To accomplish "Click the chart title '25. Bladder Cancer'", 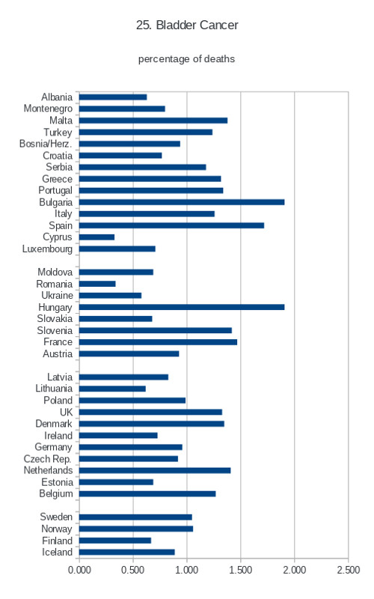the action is pyautogui.click(x=187, y=25).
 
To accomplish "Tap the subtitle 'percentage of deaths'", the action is pyautogui.click(x=186, y=59).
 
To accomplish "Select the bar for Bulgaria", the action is pyautogui.click(x=182, y=202).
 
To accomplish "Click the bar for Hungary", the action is pyautogui.click(x=182, y=307).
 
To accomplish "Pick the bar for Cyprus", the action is pyautogui.click(x=97, y=237).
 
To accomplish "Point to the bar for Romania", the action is pyautogui.click(x=97, y=284).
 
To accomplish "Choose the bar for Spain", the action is pyautogui.click(x=172, y=225).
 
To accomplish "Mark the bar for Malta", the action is pyautogui.click(x=153, y=121).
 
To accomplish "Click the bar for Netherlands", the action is pyautogui.click(x=155, y=470).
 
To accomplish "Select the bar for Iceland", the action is pyautogui.click(x=127, y=552).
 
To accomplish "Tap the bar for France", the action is pyautogui.click(x=158, y=342).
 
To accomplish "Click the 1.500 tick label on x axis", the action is pyautogui.click(x=240, y=570).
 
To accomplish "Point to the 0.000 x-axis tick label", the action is pyautogui.click(x=79, y=570).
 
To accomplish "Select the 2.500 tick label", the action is pyautogui.click(x=348, y=570).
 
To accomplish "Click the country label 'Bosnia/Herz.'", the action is pyautogui.click(x=46, y=144).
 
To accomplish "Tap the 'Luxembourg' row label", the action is pyautogui.click(x=47, y=249).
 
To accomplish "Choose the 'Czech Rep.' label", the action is pyautogui.click(x=48, y=459).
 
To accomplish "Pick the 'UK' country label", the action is pyautogui.click(x=66, y=413).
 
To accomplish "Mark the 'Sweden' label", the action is pyautogui.click(x=56, y=517).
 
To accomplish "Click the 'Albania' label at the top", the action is pyautogui.click(x=57, y=97).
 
